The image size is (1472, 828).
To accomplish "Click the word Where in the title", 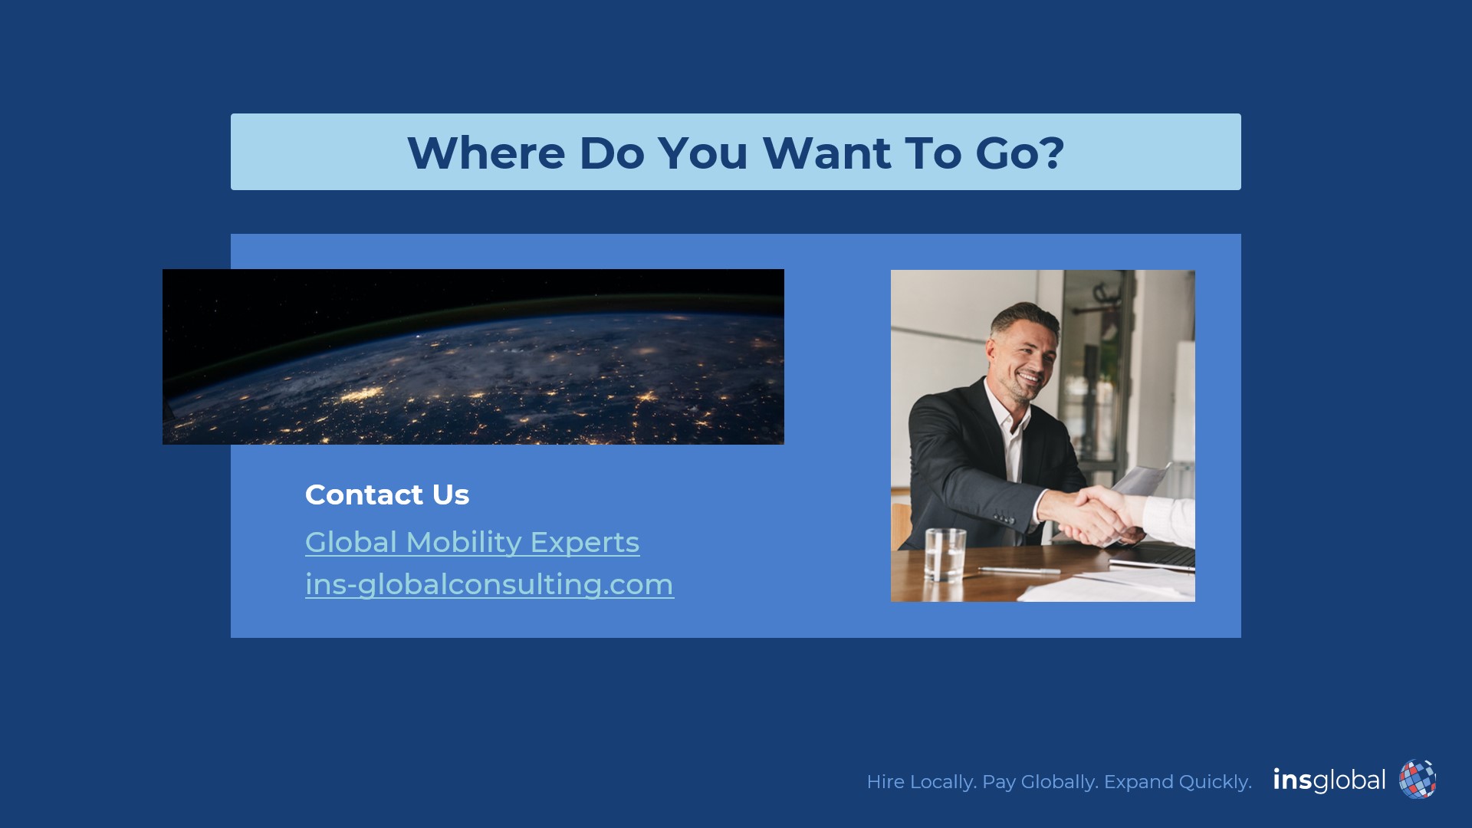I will [x=486, y=153].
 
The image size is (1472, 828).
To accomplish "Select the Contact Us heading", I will [x=387, y=495].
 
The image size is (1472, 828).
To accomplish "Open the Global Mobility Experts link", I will [x=472, y=543].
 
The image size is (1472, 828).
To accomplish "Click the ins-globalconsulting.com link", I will [x=489, y=585].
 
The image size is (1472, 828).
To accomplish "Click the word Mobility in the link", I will [x=464, y=543].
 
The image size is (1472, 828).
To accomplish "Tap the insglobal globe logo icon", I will [x=1417, y=780].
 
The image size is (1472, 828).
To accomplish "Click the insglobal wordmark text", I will [x=1329, y=780].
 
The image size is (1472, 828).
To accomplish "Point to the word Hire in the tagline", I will [x=886, y=782].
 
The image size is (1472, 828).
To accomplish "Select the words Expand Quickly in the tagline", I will [x=1178, y=782].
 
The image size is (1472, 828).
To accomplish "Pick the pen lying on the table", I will [x=1020, y=570].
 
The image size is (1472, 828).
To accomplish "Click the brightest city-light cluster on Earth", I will [x=362, y=394].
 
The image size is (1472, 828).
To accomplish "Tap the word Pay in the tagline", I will [x=998, y=782].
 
